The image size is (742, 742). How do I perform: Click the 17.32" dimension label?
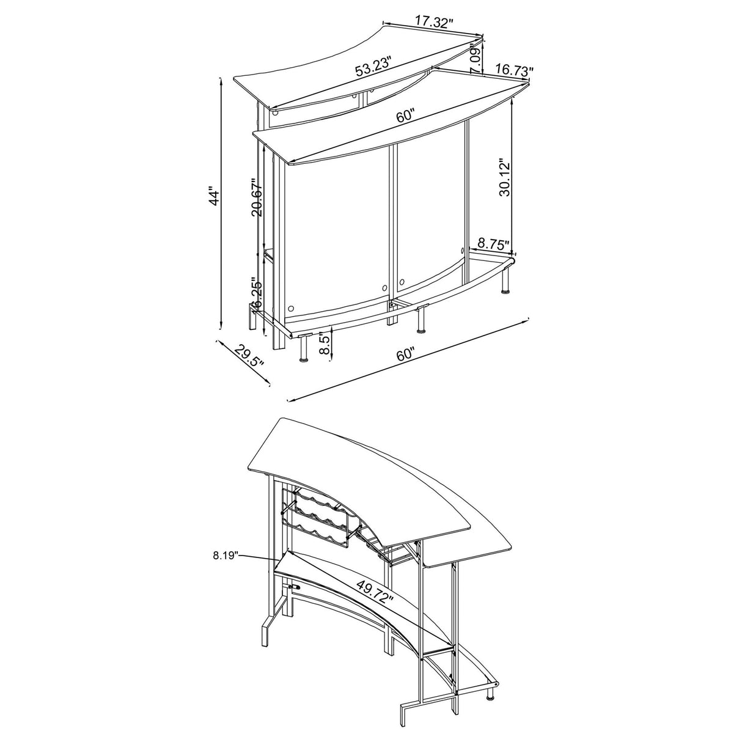(433, 23)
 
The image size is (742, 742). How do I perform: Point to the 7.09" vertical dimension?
(474, 61)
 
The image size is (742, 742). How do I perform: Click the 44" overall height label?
(213, 197)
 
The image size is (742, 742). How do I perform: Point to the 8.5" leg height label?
(325, 343)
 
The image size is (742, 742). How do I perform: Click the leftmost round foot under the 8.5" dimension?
(303, 359)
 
